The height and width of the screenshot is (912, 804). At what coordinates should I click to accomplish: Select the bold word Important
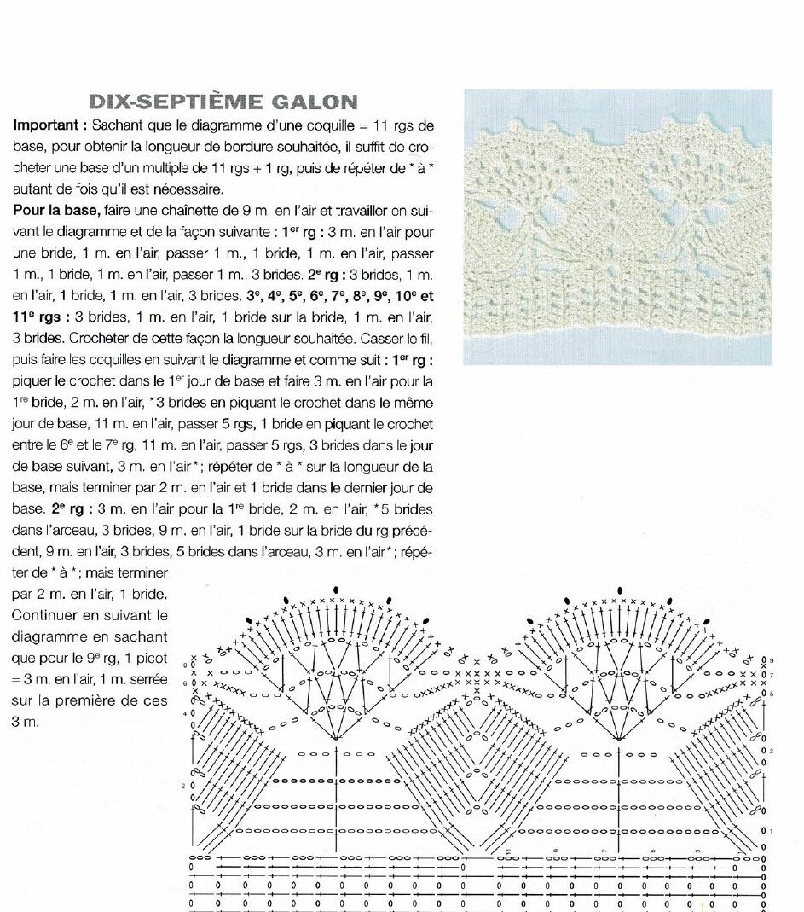point(47,125)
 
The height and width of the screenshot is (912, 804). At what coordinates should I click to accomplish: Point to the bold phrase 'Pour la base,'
point(55,210)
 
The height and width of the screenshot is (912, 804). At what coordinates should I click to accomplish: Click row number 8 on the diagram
point(186,663)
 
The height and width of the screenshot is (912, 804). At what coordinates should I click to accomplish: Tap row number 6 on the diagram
point(186,683)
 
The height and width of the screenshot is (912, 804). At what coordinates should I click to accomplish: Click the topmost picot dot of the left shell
point(337,589)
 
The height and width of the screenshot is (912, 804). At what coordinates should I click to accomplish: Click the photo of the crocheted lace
point(617,227)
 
